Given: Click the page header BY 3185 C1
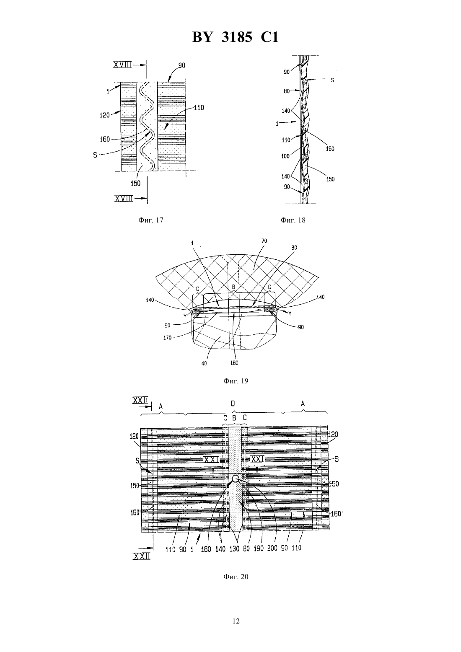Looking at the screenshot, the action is point(235,37).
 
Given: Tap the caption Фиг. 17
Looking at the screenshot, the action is point(150,220).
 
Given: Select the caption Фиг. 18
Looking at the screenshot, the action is point(293,220).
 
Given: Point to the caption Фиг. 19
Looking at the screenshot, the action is point(236,381).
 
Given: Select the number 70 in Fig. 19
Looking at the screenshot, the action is point(264,241).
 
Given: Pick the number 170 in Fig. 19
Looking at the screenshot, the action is point(167,338).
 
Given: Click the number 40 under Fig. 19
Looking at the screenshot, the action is point(204,364).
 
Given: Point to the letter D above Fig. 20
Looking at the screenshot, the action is point(233,404).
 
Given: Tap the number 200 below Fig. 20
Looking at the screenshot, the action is point(272,549).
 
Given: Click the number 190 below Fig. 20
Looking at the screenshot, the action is point(258,549).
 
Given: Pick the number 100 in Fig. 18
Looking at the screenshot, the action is point(285,156).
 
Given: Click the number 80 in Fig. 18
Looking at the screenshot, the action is point(287,91).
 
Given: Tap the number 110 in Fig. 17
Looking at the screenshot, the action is point(199,108).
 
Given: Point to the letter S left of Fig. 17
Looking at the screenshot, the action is point(95,155).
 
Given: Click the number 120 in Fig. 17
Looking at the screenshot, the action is point(104,115).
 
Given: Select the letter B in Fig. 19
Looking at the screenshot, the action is point(233,287).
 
